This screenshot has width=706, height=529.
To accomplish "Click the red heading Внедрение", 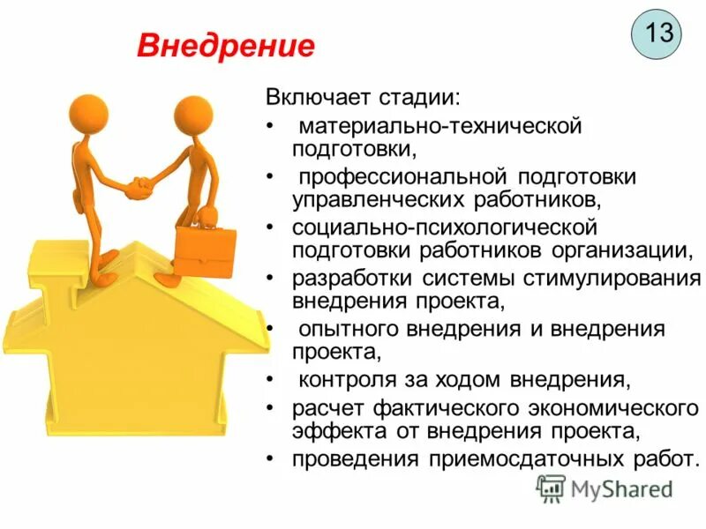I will [225, 45].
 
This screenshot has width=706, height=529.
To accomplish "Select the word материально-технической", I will [439, 125].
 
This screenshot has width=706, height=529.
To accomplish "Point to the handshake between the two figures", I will [139, 187].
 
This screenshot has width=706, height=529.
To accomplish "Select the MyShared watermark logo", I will [605, 488].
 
